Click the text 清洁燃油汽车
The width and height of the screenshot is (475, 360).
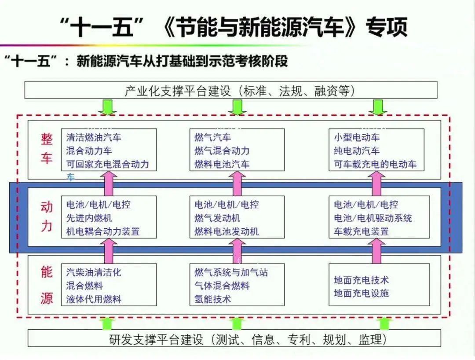click(x=94, y=137)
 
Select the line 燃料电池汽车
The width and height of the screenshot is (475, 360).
click(x=222, y=165)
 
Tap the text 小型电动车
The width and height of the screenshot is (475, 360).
click(x=357, y=137)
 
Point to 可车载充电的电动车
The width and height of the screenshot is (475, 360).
click(x=375, y=165)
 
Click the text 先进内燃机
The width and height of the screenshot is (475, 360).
click(x=89, y=218)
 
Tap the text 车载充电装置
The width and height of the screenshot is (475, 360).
click(x=361, y=231)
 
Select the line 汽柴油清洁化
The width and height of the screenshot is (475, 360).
click(x=94, y=272)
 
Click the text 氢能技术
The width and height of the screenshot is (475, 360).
click(x=212, y=299)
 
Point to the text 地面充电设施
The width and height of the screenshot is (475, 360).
click(x=361, y=293)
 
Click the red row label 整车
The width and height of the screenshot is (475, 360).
click(x=47, y=149)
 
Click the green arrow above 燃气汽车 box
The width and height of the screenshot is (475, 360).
click(x=237, y=107)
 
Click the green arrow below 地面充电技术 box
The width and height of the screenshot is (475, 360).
click(x=385, y=323)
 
